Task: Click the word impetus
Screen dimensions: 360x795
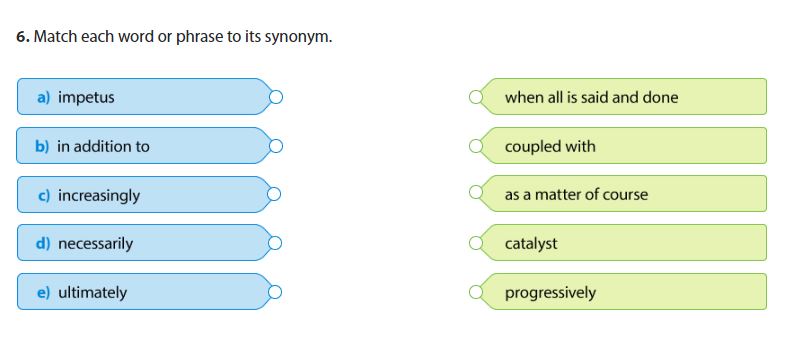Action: click(x=86, y=97)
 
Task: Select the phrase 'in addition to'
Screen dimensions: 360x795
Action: click(x=103, y=146)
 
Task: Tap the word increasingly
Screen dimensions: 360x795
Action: click(x=99, y=195)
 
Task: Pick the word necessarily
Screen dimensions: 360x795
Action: click(x=95, y=243)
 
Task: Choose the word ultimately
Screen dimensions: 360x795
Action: click(x=92, y=292)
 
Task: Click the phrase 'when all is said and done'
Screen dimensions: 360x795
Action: click(x=591, y=97)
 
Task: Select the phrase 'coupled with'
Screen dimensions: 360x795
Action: click(x=550, y=146)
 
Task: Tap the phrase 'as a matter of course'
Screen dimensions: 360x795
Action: click(x=576, y=195)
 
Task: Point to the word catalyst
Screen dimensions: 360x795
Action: click(x=531, y=243)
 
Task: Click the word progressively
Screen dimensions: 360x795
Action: click(x=550, y=292)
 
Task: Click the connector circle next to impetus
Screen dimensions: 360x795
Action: click(x=276, y=97)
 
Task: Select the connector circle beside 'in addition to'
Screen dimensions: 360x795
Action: click(x=276, y=146)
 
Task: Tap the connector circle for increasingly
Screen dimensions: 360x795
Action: click(x=276, y=195)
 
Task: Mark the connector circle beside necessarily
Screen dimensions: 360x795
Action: click(x=276, y=243)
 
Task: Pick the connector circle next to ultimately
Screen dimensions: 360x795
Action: click(x=276, y=292)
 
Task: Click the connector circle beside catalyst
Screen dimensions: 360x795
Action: click(x=476, y=243)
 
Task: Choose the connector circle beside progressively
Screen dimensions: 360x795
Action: click(x=476, y=292)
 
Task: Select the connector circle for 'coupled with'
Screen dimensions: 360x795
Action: click(x=476, y=146)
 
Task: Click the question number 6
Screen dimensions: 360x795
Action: click(x=22, y=37)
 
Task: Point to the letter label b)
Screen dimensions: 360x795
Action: click(x=42, y=146)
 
